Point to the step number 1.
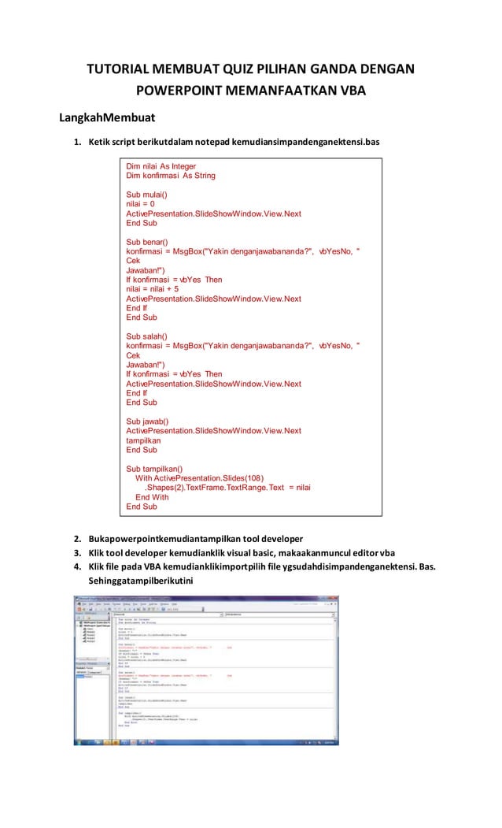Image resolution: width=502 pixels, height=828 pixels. tap(77, 142)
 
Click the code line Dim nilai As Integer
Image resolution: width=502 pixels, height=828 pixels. tap(161, 167)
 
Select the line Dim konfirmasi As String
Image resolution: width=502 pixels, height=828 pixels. tap(171, 176)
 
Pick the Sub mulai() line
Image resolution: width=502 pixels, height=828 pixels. tap(147, 195)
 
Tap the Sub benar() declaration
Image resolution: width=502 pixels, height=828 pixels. tap(147, 242)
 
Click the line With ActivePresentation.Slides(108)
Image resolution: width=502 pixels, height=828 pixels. tap(200, 478)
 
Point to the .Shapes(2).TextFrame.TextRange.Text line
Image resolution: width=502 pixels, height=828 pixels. tap(227, 488)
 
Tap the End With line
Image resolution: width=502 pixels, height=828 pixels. tap(152, 497)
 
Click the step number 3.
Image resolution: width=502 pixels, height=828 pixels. tap(77, 553)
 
